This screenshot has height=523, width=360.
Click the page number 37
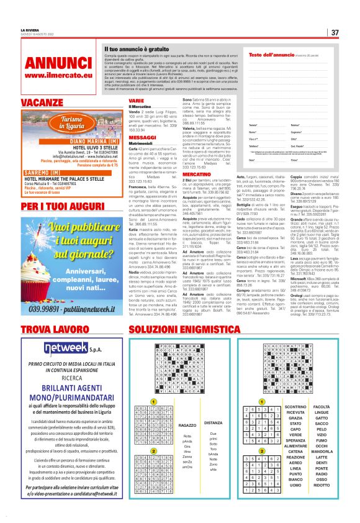click(334, 33)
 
